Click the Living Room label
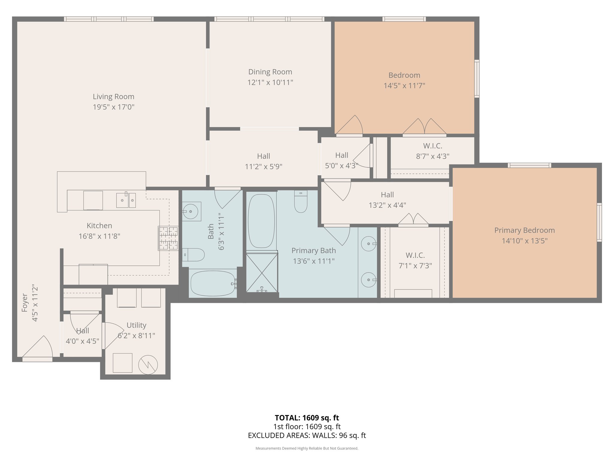(113, 97)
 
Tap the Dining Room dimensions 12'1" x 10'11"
(270, 82)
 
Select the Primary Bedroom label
(524, 230)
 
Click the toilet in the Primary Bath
(301, 201)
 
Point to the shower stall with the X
(262, 273)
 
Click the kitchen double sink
(126, 200)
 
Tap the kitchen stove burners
(168, 238)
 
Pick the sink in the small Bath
(191, 211)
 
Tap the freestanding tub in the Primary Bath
(261, 221)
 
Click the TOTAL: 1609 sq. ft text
(307, 418)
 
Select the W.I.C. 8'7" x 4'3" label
(432, 151)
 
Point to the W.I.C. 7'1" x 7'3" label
(415, 260)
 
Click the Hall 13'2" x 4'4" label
(387, 200)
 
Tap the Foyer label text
(25, 303)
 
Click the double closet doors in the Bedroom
(424, 127)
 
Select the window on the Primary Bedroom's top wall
(529, 165)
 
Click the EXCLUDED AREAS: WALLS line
(307, 435)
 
